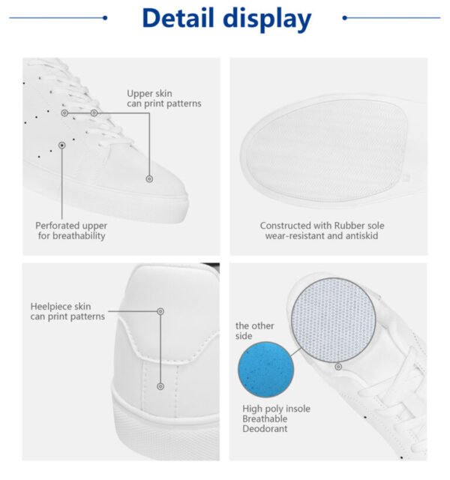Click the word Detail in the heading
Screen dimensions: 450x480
click(178, 18)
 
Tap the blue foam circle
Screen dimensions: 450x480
click(265, 370)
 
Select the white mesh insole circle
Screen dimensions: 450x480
click(333, 320)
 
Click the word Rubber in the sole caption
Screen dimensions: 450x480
click(349, 226)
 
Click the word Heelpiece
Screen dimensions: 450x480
click(48, 307)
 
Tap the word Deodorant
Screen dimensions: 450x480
click(265, 428)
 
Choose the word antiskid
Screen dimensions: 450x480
click(361, 235)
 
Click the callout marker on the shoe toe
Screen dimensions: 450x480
click(149, 178)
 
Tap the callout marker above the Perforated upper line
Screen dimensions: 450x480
click(61, 145)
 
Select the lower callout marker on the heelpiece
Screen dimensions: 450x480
click(160, 386)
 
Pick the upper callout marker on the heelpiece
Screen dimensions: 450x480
click(160, 311)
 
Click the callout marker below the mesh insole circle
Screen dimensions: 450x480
click(338, 367)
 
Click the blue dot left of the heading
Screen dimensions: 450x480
click(105, 18)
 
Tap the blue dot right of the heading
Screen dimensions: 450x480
click(345, 18)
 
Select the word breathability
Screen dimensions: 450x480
click(79, 236)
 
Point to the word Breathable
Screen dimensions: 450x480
click(265, 418)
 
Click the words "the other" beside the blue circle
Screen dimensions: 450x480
click(255, 325)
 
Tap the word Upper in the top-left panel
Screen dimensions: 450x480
click(137, 94)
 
